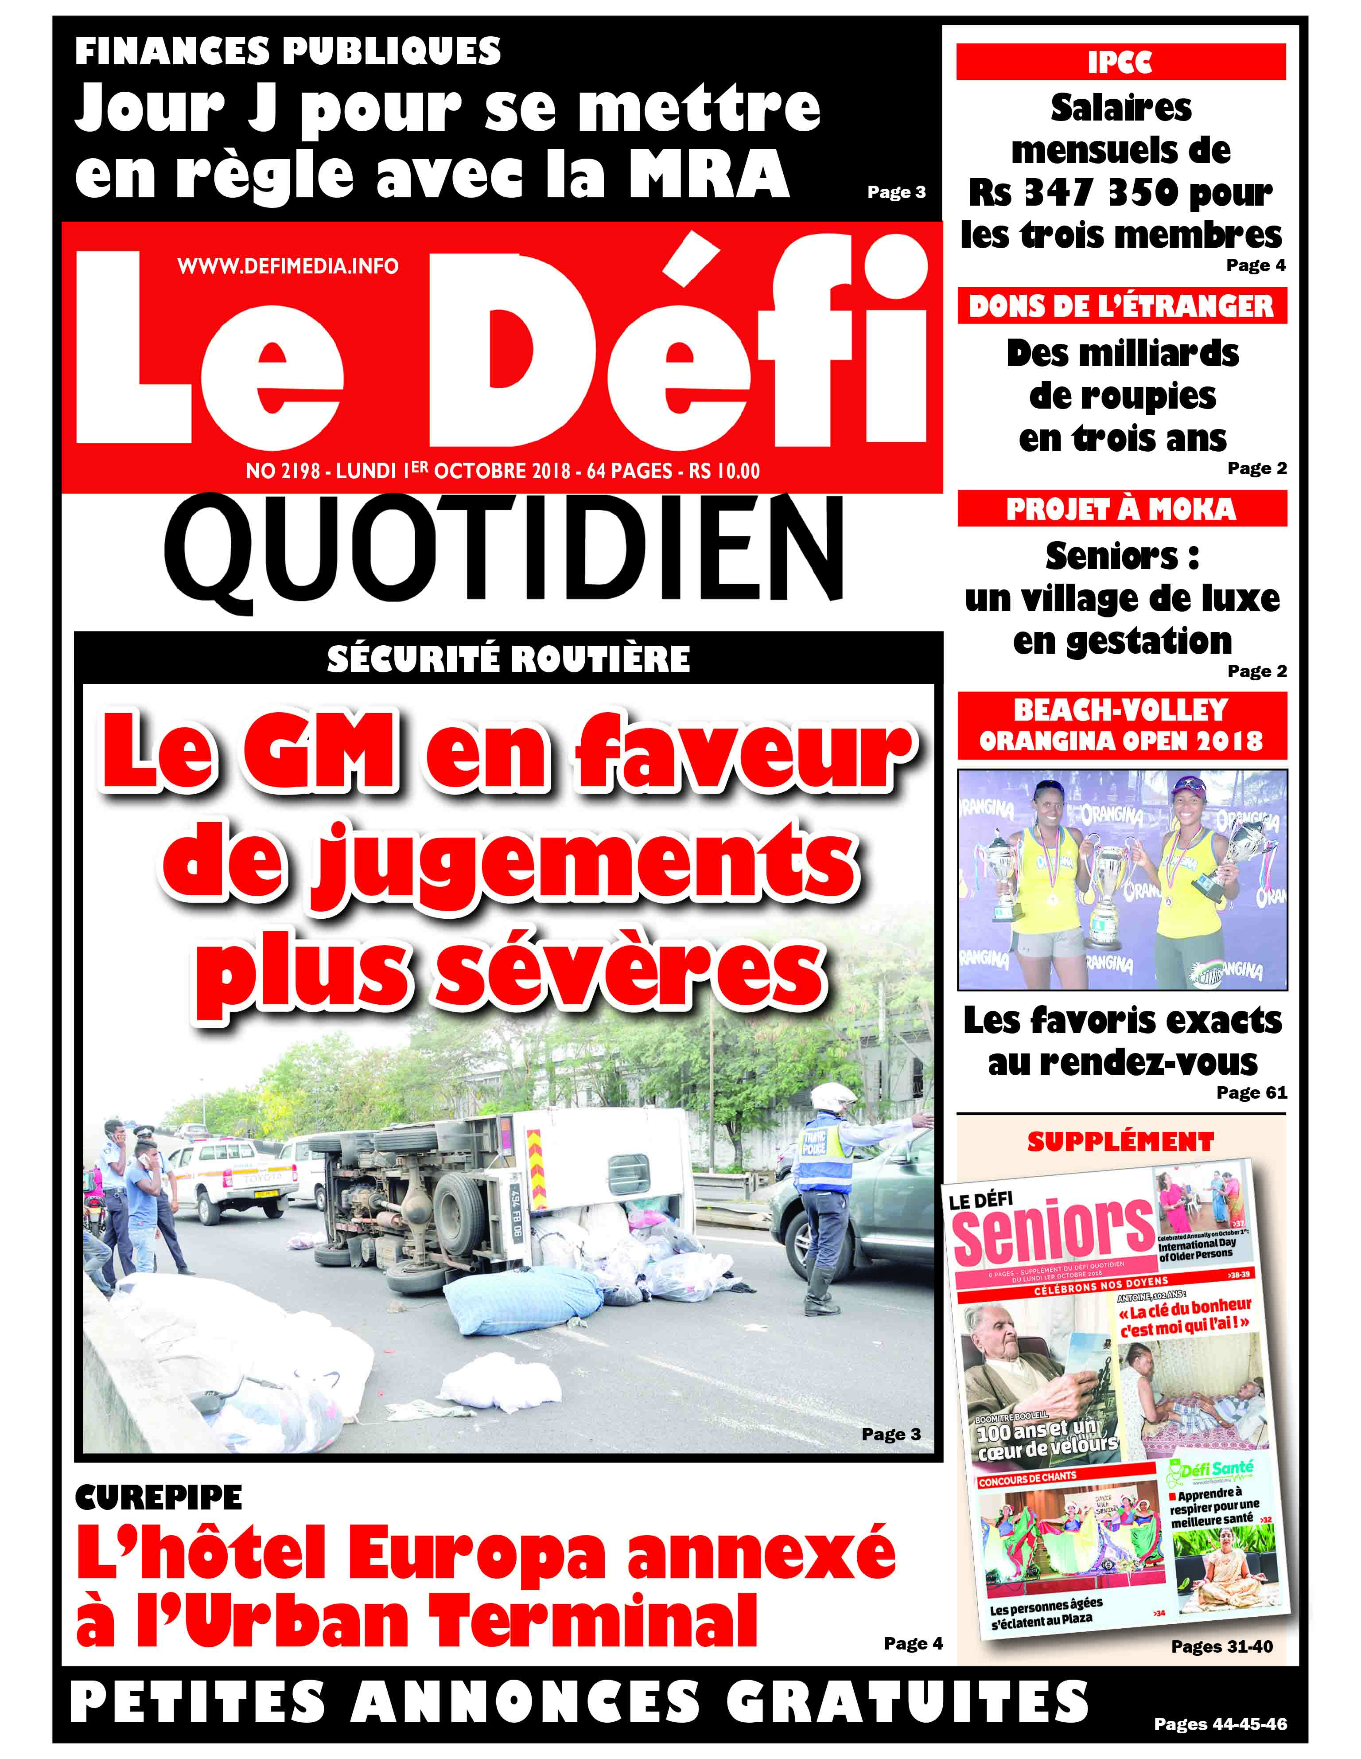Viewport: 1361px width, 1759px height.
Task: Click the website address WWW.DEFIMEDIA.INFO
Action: (288, 266)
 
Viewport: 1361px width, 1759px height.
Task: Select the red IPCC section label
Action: (1120, 62)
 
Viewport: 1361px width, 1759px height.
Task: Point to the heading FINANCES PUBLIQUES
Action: (288, 51)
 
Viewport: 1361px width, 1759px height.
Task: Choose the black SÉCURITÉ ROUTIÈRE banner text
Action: (508, 659)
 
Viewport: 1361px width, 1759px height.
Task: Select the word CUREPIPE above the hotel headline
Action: (159, 1497)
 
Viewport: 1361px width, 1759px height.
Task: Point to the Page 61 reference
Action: (1251, 1093)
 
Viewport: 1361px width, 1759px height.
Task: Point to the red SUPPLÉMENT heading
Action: (1120, 1141)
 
